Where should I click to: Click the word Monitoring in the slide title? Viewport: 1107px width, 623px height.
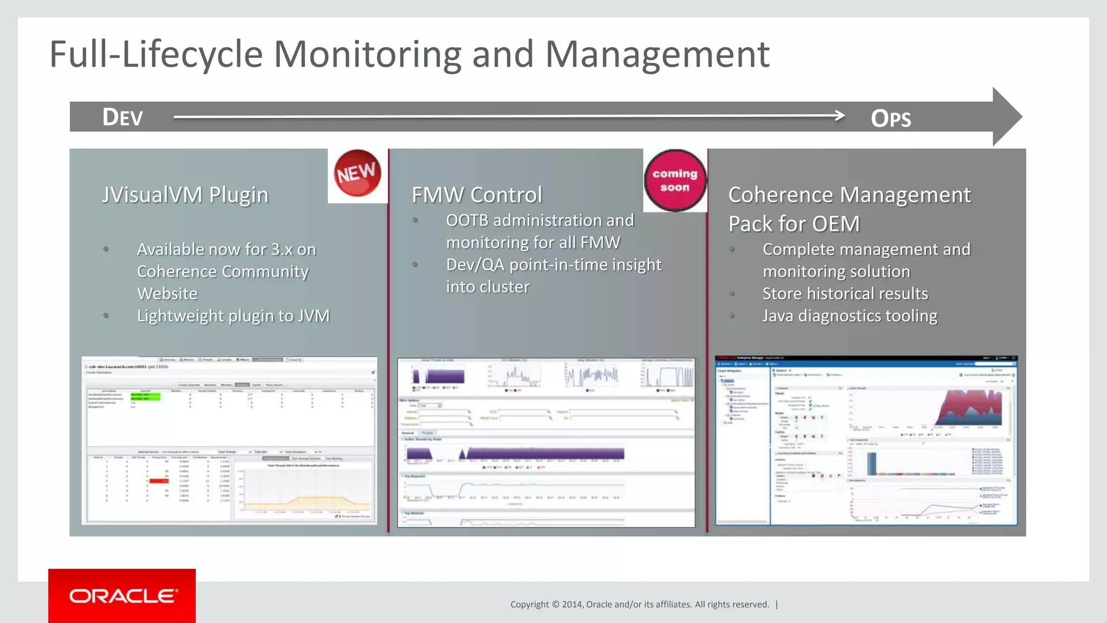point(367,55)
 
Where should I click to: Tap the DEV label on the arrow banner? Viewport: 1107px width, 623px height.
point(123,117)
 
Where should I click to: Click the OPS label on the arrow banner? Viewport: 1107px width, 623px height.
point(891,118)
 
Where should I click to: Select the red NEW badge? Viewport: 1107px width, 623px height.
point(357,173)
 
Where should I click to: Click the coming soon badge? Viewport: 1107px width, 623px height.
point(675,180)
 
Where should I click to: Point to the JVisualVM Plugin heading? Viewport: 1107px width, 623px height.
point(185,195)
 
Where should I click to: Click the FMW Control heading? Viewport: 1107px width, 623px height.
point(476,195)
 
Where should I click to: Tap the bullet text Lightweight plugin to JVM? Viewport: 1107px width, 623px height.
point(233,316)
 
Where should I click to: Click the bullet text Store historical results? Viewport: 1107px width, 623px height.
point(845,294)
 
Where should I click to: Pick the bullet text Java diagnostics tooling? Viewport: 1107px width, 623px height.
point(850,316)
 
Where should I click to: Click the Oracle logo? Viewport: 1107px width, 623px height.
point(122,596)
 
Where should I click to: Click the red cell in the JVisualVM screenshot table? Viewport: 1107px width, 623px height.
point(158,481)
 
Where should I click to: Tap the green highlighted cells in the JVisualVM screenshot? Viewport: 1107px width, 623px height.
point(145,396)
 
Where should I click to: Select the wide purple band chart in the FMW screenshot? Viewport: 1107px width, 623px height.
point(543,453)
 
